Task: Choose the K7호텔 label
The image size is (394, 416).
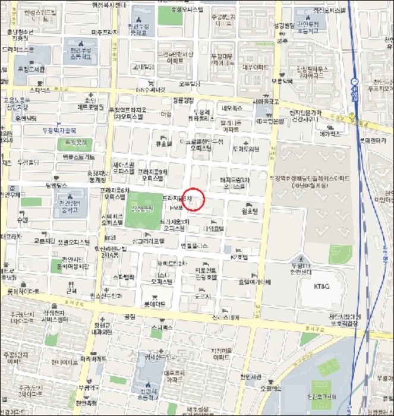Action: [x=238, y=257]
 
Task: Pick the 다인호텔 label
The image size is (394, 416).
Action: [x=212, y=228]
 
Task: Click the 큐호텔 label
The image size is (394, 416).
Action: [x=163, y=143]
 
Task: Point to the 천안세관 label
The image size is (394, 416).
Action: [x=251, y=377]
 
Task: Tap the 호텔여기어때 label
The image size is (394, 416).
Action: [x=254, y=282]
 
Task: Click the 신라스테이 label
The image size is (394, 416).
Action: [x=226, y=318]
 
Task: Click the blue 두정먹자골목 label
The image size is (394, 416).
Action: [x=58, y=130]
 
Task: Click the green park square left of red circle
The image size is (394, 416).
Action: [x=142, y=209]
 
